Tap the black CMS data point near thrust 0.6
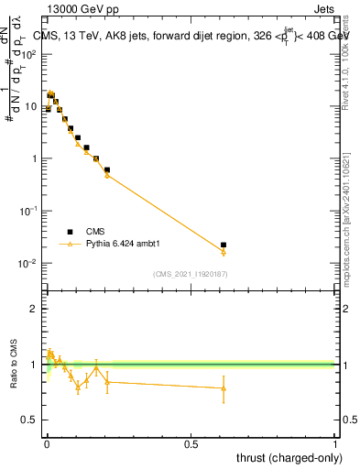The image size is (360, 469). pyautogui.click(x=224, y=245)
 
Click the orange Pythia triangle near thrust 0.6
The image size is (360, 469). pyautogui.click(x=224, y=253)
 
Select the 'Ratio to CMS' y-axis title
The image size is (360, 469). pyautogui.click(x=14, y=378)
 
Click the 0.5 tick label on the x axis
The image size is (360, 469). pyautogui.click(x=191, y=443)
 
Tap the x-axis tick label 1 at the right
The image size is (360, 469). pyautogui.click(x=335, y=443)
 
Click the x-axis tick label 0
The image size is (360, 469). pyautogui.click(x=47, y=443)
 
